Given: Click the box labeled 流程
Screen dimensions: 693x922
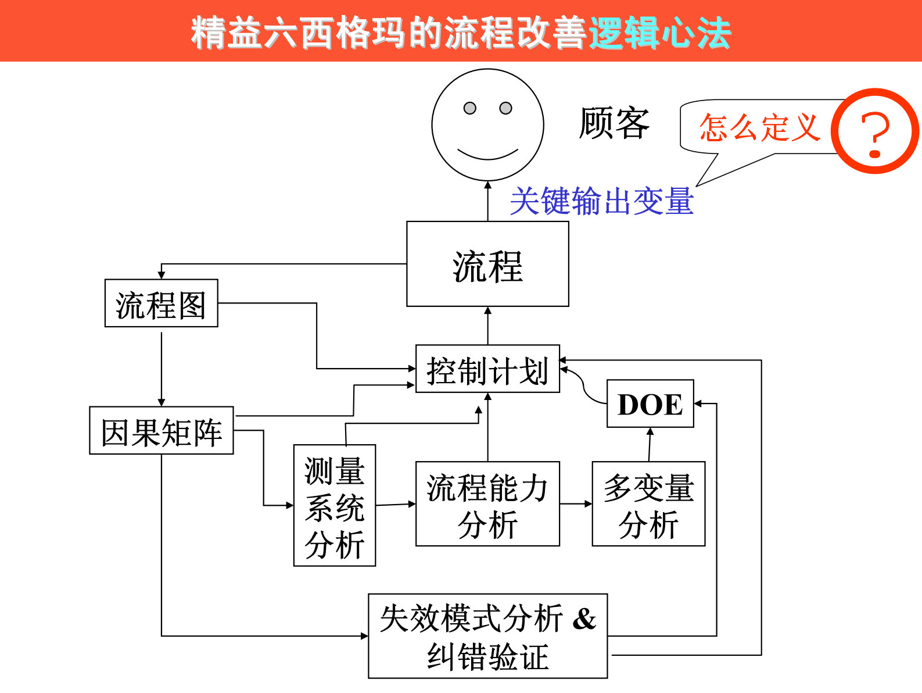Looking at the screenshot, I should [487, 265].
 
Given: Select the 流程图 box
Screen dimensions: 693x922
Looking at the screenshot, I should [161, 303].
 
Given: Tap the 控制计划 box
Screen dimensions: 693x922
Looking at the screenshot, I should [487, 369].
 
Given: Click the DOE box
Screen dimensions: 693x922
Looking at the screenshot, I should [650, 404].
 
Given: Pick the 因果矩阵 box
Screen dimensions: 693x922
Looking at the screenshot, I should [161, 431].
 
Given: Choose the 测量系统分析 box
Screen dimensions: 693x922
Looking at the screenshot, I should [335, 505].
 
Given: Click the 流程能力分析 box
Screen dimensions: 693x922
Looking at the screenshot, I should [487, 504].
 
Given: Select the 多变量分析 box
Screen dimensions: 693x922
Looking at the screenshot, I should [648, 504].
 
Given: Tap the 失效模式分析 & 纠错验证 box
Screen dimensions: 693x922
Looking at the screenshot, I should [487, 636].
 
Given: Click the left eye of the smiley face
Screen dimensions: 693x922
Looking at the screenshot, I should [469, 108].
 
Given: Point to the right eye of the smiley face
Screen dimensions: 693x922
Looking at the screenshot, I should [506, 108].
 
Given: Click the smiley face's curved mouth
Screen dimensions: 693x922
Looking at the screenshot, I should [487, 155].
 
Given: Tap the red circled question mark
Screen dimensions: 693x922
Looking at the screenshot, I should [875, 131].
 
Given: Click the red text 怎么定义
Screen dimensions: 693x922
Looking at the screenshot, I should [759, 127].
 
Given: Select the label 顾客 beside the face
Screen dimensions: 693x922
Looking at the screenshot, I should [614, 123].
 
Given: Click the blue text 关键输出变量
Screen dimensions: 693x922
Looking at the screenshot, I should [601, 201].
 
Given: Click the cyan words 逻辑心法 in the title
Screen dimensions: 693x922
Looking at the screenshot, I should [659, 33].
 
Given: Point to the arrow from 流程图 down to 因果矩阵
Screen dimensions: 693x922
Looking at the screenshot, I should [162, 366].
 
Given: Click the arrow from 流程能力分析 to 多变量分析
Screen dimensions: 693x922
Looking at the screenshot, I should [576, 503].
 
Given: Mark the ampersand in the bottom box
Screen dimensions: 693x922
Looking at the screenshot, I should [584, 618].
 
